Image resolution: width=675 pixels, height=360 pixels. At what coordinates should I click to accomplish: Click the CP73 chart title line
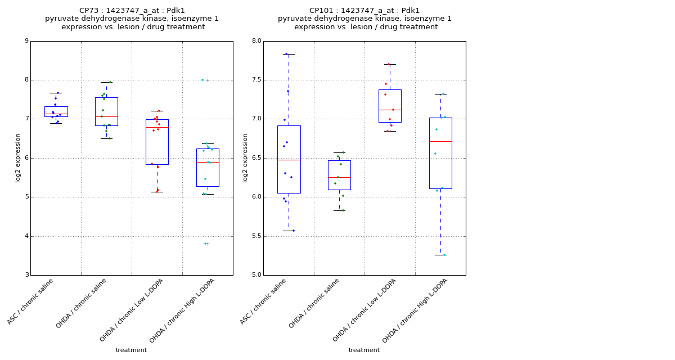point(132,11)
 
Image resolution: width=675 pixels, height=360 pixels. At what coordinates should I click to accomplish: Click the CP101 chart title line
point(364,11)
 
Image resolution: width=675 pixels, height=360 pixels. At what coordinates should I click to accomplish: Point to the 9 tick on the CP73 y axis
point(26,41)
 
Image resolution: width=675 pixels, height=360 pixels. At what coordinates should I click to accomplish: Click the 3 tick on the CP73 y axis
point(26,275)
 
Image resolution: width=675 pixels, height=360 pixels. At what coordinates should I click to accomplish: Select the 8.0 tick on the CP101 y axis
point(256,41)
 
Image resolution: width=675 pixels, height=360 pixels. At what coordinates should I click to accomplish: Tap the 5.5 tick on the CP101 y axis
point(256,236)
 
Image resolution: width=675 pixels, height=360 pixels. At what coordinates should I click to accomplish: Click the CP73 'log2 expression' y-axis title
point(18,157)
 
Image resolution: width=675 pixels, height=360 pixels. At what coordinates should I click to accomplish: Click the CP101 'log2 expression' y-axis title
point(245,157)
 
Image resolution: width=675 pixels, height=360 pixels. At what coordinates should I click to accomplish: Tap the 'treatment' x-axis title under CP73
point(131,350)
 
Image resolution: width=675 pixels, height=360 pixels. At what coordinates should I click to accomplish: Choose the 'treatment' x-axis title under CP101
point(364,350)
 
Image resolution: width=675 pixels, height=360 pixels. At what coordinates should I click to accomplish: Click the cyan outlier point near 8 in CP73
point(202,80)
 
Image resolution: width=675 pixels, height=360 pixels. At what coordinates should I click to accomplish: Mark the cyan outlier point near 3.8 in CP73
point(205,244)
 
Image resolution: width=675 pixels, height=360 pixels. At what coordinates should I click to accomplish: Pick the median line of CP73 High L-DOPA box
point(208,162)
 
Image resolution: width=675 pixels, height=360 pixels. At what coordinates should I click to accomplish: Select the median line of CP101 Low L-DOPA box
point(390,110)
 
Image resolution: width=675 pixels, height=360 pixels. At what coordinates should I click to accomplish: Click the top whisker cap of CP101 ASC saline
point(289,54)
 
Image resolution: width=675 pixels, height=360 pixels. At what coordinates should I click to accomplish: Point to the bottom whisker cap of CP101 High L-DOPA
point(440,255)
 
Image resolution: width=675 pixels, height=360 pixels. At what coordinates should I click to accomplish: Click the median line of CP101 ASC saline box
point(289,160)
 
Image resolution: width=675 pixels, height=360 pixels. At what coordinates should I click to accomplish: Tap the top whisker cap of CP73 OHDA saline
point(106,82)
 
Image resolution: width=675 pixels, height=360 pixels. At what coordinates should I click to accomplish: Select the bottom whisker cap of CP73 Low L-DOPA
point(157,192)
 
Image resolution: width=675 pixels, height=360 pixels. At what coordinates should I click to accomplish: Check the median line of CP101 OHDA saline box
point(339,177)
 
